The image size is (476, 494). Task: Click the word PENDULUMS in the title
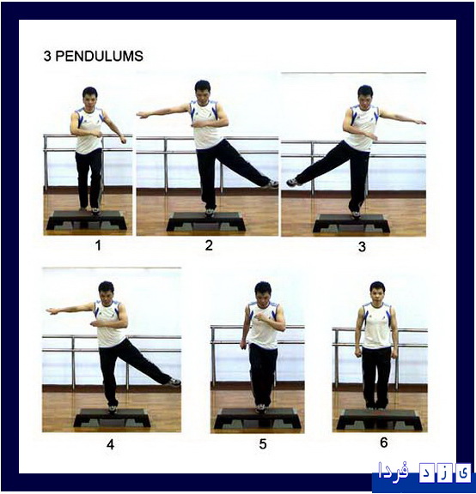coord(101,57)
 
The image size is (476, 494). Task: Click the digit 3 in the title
coord(47,57)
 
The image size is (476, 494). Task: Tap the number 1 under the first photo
coord(99,245)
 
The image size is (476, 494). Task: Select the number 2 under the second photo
coord(209,245)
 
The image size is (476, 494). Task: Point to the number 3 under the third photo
coord(362,246)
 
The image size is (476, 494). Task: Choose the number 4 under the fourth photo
coord(111,444)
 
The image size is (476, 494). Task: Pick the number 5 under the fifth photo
coord(263,444)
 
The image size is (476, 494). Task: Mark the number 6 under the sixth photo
coord(383,443)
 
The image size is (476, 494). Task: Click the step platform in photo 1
coord(87,220)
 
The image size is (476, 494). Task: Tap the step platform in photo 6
coord(378,419)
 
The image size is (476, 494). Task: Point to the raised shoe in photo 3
coord(292,182)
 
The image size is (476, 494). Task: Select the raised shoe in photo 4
coord(174,382)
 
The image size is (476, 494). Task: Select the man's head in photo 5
coord(263,292)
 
